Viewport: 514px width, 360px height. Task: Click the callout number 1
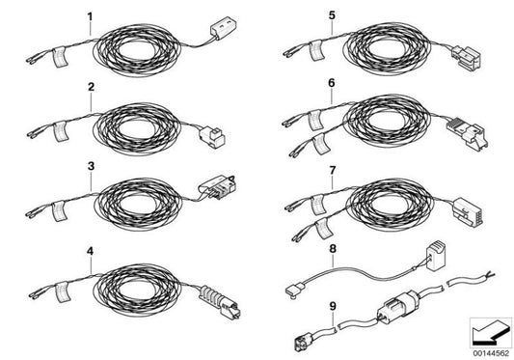[x=91, y=16]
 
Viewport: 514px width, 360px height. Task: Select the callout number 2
[x=91, y=88]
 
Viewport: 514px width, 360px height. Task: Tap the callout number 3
[x=91, y=167]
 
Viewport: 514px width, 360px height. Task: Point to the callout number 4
[x=91, y=251]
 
